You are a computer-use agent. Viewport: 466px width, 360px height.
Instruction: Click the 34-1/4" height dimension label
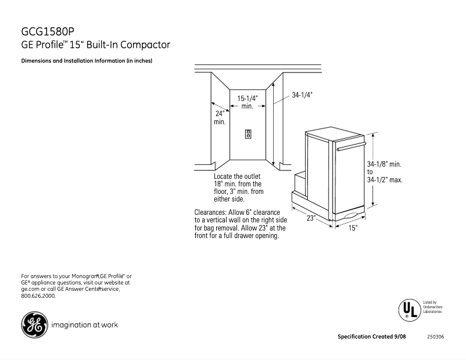302,95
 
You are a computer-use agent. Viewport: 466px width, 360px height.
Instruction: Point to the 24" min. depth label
220,117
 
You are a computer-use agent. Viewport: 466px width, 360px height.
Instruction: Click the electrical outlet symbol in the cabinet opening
248,134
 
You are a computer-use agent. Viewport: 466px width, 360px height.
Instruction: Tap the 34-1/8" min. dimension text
384,165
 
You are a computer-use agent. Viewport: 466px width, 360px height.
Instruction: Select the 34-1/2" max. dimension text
385,180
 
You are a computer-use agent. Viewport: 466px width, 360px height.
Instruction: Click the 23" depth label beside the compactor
311,218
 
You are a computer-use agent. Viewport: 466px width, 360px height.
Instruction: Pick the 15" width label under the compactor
353,229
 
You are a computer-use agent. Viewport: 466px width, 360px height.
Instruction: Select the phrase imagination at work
85,325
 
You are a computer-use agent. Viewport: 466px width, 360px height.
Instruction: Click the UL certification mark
408,309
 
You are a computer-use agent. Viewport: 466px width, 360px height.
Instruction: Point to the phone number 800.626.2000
38,296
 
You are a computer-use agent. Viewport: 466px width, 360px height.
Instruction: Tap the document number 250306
435,337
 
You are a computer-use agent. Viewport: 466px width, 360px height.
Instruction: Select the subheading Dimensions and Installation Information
87,61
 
